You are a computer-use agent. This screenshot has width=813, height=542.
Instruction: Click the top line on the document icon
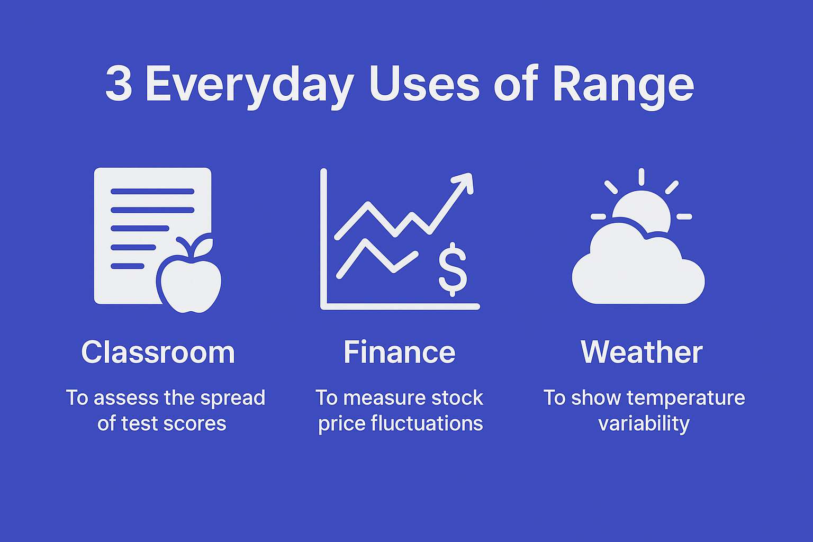click(152, 192)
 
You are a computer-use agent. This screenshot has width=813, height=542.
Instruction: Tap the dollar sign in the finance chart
click(453, 268)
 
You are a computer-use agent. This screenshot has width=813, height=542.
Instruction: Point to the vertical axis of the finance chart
click(323, 238)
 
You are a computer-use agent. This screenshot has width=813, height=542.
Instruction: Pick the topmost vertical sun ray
click(641, 177)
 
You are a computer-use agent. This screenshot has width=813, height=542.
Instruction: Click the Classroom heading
click(158, 353)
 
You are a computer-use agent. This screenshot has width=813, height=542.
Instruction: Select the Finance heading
click(399, 353)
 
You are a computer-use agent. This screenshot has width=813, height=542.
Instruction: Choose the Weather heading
click(642, 353)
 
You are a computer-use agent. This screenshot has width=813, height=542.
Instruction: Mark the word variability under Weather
click(644, 424)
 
